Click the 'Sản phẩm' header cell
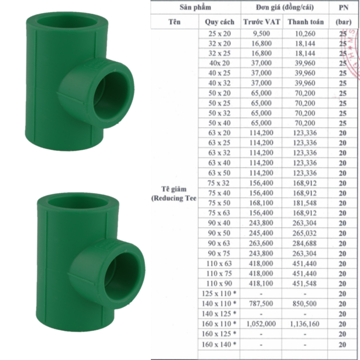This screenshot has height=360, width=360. (x=195, y=7)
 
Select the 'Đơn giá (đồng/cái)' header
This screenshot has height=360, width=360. (x=285, y=7)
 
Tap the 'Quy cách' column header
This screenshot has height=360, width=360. (x=220, y=22)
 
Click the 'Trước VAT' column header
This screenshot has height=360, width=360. (x=262, y=22)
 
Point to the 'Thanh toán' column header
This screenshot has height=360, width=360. (x=306, y=22)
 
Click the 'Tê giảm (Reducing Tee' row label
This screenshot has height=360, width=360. (x=174, y=194)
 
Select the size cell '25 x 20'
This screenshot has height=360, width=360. (x=220, y=34)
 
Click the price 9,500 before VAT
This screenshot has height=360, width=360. (x=261, y=33)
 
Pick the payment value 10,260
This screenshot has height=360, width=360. (x=305, y=34)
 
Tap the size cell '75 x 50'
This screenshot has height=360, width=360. (x=219, y=203)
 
